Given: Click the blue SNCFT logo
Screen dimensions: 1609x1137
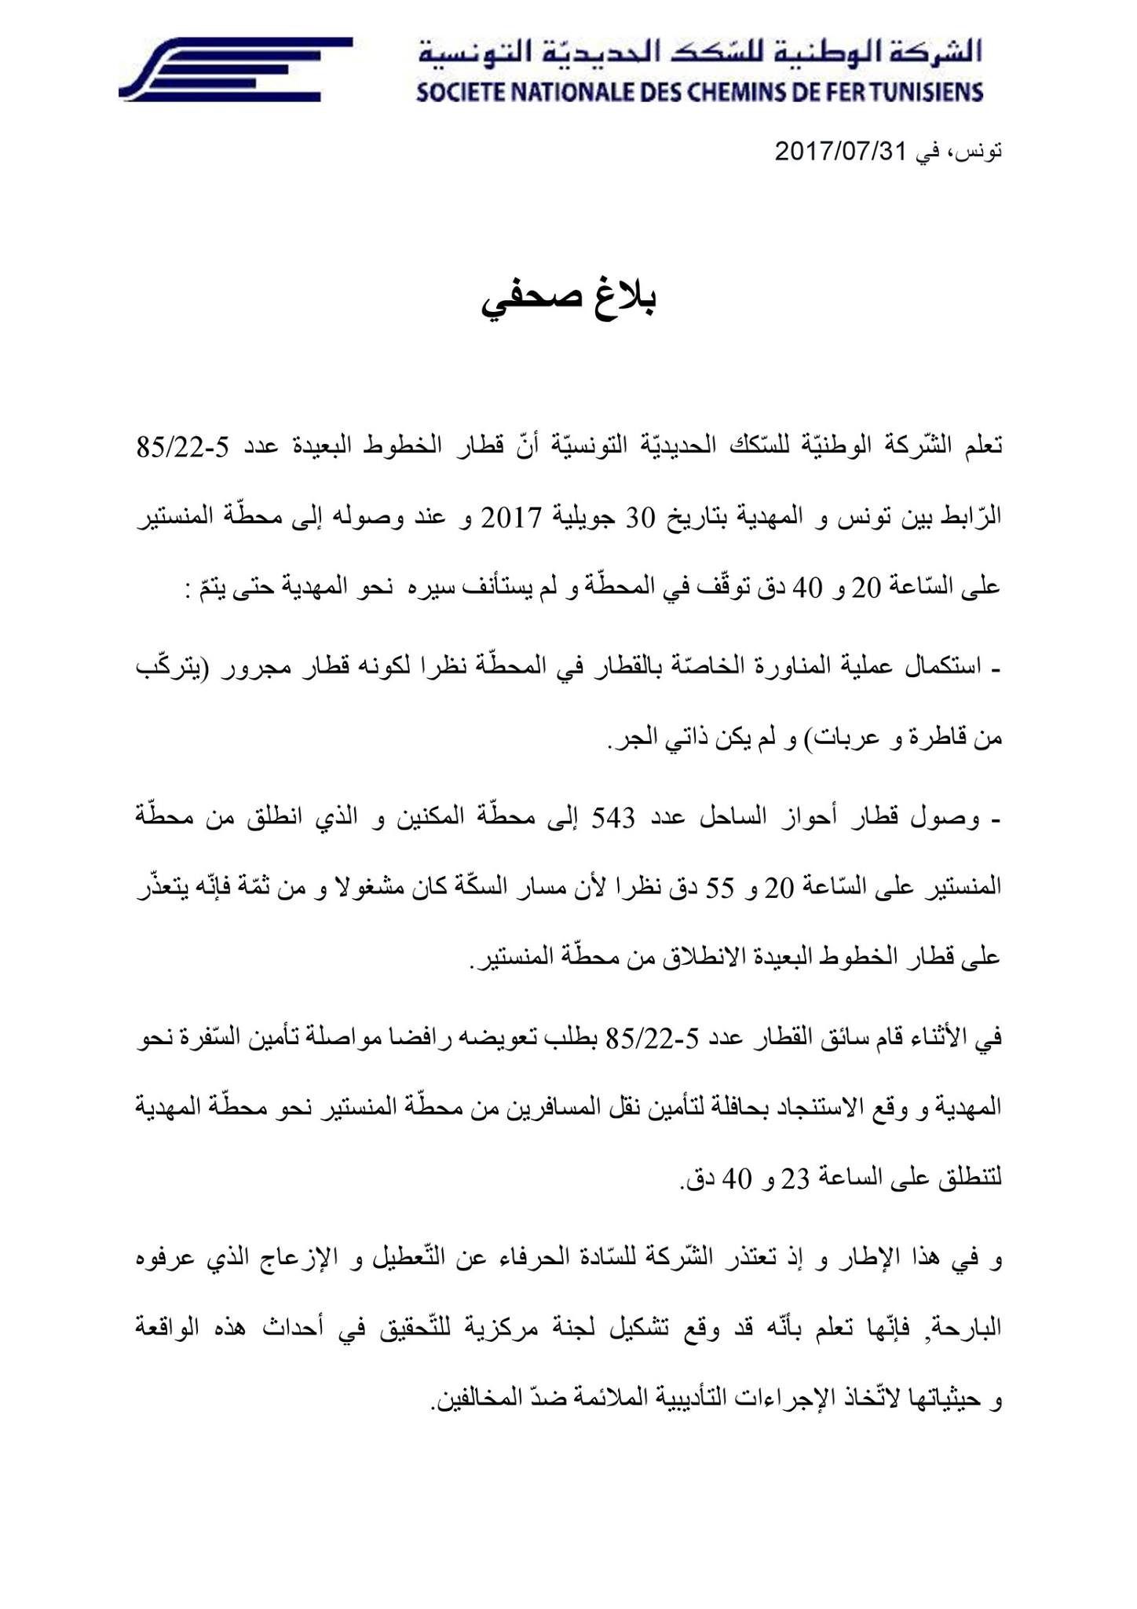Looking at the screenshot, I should tap(235, 68).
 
